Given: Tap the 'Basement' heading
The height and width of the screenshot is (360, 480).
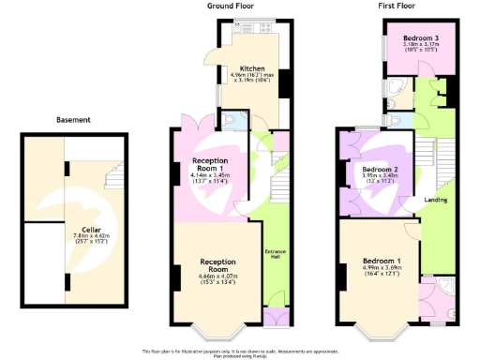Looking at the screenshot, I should (x=73, y=120).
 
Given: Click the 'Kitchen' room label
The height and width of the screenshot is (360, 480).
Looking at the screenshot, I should (x=252, y=68).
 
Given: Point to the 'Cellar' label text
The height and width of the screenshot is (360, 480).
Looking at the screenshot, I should (x=91, y=228).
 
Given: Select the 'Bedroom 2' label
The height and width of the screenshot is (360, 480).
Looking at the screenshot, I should (x=382, y=169).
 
